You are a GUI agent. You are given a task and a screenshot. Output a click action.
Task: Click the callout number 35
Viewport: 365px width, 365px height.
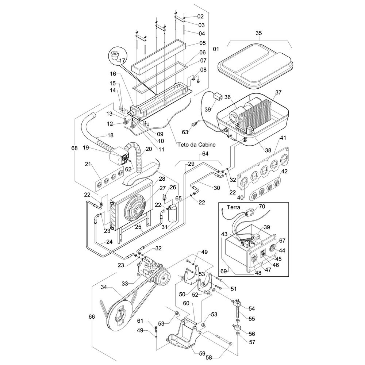(x=258, y=33)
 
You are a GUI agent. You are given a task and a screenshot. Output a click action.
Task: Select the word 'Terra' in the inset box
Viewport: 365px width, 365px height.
(x=234, y=207)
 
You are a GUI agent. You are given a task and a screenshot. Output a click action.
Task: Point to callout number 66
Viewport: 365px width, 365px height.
(x=92, y=316)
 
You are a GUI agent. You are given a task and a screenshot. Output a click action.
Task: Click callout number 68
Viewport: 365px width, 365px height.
(x=75, y=148)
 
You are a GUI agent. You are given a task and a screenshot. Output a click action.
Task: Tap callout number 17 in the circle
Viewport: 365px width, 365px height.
(x=122, y=61)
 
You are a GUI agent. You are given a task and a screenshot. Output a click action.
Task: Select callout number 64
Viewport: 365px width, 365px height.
(x=205, y=154)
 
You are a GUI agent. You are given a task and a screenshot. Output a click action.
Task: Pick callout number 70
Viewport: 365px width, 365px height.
(x=262, y=207)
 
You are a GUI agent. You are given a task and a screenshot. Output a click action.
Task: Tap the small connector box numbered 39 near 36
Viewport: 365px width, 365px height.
(x=219, y=96)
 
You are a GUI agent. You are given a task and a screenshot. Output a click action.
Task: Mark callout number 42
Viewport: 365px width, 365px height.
(x=285, y=171)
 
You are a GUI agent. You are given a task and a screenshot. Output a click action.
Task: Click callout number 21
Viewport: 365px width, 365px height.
(x=88, y=165)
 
